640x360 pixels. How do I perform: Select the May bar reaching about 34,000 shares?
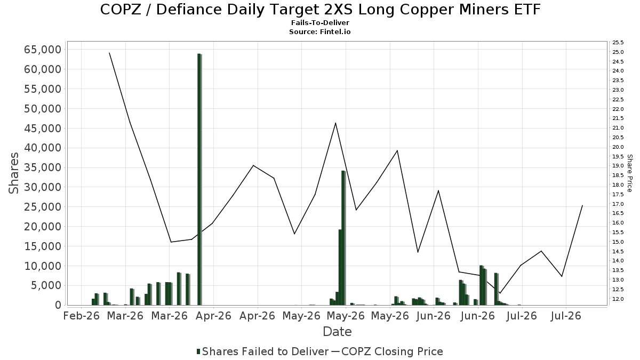point(343,238)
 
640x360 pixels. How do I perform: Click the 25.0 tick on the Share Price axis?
point(618,52)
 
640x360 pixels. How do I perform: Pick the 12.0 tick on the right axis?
point(618,299)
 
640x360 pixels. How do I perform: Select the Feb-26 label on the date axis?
point(82,316)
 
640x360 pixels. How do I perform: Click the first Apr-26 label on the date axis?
point(213,316)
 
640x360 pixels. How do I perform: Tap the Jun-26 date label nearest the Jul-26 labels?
point(478,316)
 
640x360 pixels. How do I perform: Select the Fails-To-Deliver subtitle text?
point(320,22)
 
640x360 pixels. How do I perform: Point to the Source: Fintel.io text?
point(319,31)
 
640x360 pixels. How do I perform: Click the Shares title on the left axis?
point(13,173)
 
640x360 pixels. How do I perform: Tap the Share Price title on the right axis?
point(629,173)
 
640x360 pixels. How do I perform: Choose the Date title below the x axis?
point(337,332)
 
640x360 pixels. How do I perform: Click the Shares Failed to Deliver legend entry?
point(262,351)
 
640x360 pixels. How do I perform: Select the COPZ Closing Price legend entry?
point(387,351)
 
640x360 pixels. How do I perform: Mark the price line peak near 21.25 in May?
point(335,123)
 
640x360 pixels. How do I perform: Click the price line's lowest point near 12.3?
point(500,293)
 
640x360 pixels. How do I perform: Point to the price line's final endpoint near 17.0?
point(582,205)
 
